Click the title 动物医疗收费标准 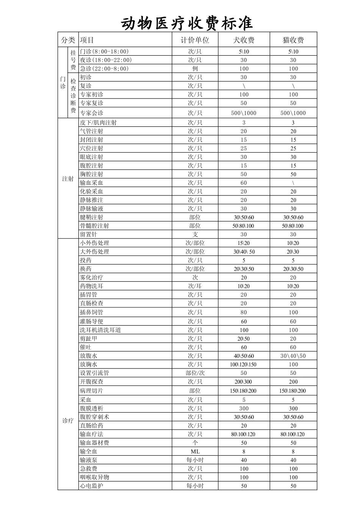tap(186, 23)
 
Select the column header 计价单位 tap(195, 40)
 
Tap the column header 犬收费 tap(244, 40)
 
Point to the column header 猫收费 tap(293, 40)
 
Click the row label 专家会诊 tap(91, 113)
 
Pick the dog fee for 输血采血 tap(244, 183)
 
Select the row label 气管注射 tap(91, 131)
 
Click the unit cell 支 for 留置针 tap(195, 234)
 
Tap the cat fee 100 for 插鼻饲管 tap(293, 312)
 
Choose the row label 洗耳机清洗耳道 tap(100, 330)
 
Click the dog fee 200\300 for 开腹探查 tap(243, 382)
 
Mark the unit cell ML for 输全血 tap(195, 451)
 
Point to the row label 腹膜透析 tap(91, 408)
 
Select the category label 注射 tap(68, 179)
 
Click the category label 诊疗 tap(68, 421)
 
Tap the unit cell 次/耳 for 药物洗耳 tap(195, 286)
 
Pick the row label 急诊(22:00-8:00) tap(104, 69)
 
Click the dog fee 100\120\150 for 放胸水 tap(243, 364)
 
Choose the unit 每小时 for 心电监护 tap(195, 486)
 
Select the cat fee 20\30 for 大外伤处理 tap(293, 252)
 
